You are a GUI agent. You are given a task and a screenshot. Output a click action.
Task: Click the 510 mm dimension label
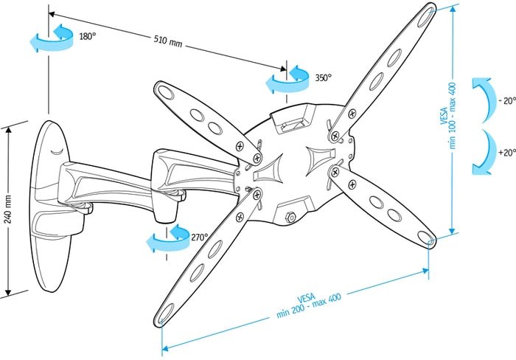pos(168,41)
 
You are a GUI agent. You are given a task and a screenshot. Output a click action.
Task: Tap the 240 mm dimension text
pos(8,209)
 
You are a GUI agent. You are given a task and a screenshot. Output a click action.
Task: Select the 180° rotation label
pos(88,36)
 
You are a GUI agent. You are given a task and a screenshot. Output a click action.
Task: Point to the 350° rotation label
pos(324,77)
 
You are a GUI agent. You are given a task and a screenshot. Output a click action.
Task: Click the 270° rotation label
pos(200,237)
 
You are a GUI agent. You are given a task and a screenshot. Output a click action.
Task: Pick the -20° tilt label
pos(507,100)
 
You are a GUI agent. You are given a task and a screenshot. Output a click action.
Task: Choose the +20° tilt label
pos(507,153)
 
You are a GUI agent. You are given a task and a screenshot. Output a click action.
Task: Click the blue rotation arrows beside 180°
pos(52,38)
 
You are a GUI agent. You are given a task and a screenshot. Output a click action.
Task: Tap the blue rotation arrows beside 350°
pos(287,79)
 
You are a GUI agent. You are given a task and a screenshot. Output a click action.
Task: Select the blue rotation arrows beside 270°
pos(168,238)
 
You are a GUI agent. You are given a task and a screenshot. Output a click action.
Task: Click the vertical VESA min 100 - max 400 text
pos(448,115)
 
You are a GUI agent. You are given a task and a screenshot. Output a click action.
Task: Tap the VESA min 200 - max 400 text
pos(308,305)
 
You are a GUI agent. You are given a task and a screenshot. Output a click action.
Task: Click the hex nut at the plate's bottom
pos(290,217)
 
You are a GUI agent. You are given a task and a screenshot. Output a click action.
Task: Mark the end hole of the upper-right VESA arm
pos(426,17)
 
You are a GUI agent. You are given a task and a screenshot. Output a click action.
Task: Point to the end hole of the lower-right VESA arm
pos(426,237)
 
